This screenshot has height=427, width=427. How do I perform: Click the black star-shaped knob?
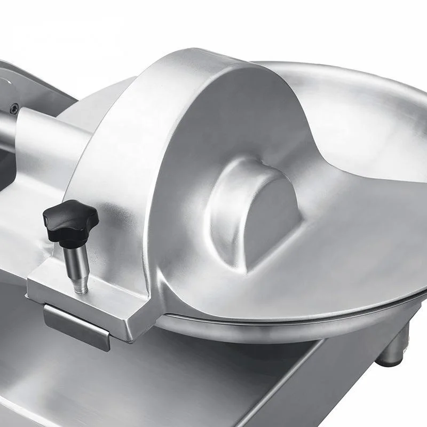pyautogui.click(x=70, y=218)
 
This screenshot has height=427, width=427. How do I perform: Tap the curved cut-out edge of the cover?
pyautogui.click(x=315, y=160)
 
